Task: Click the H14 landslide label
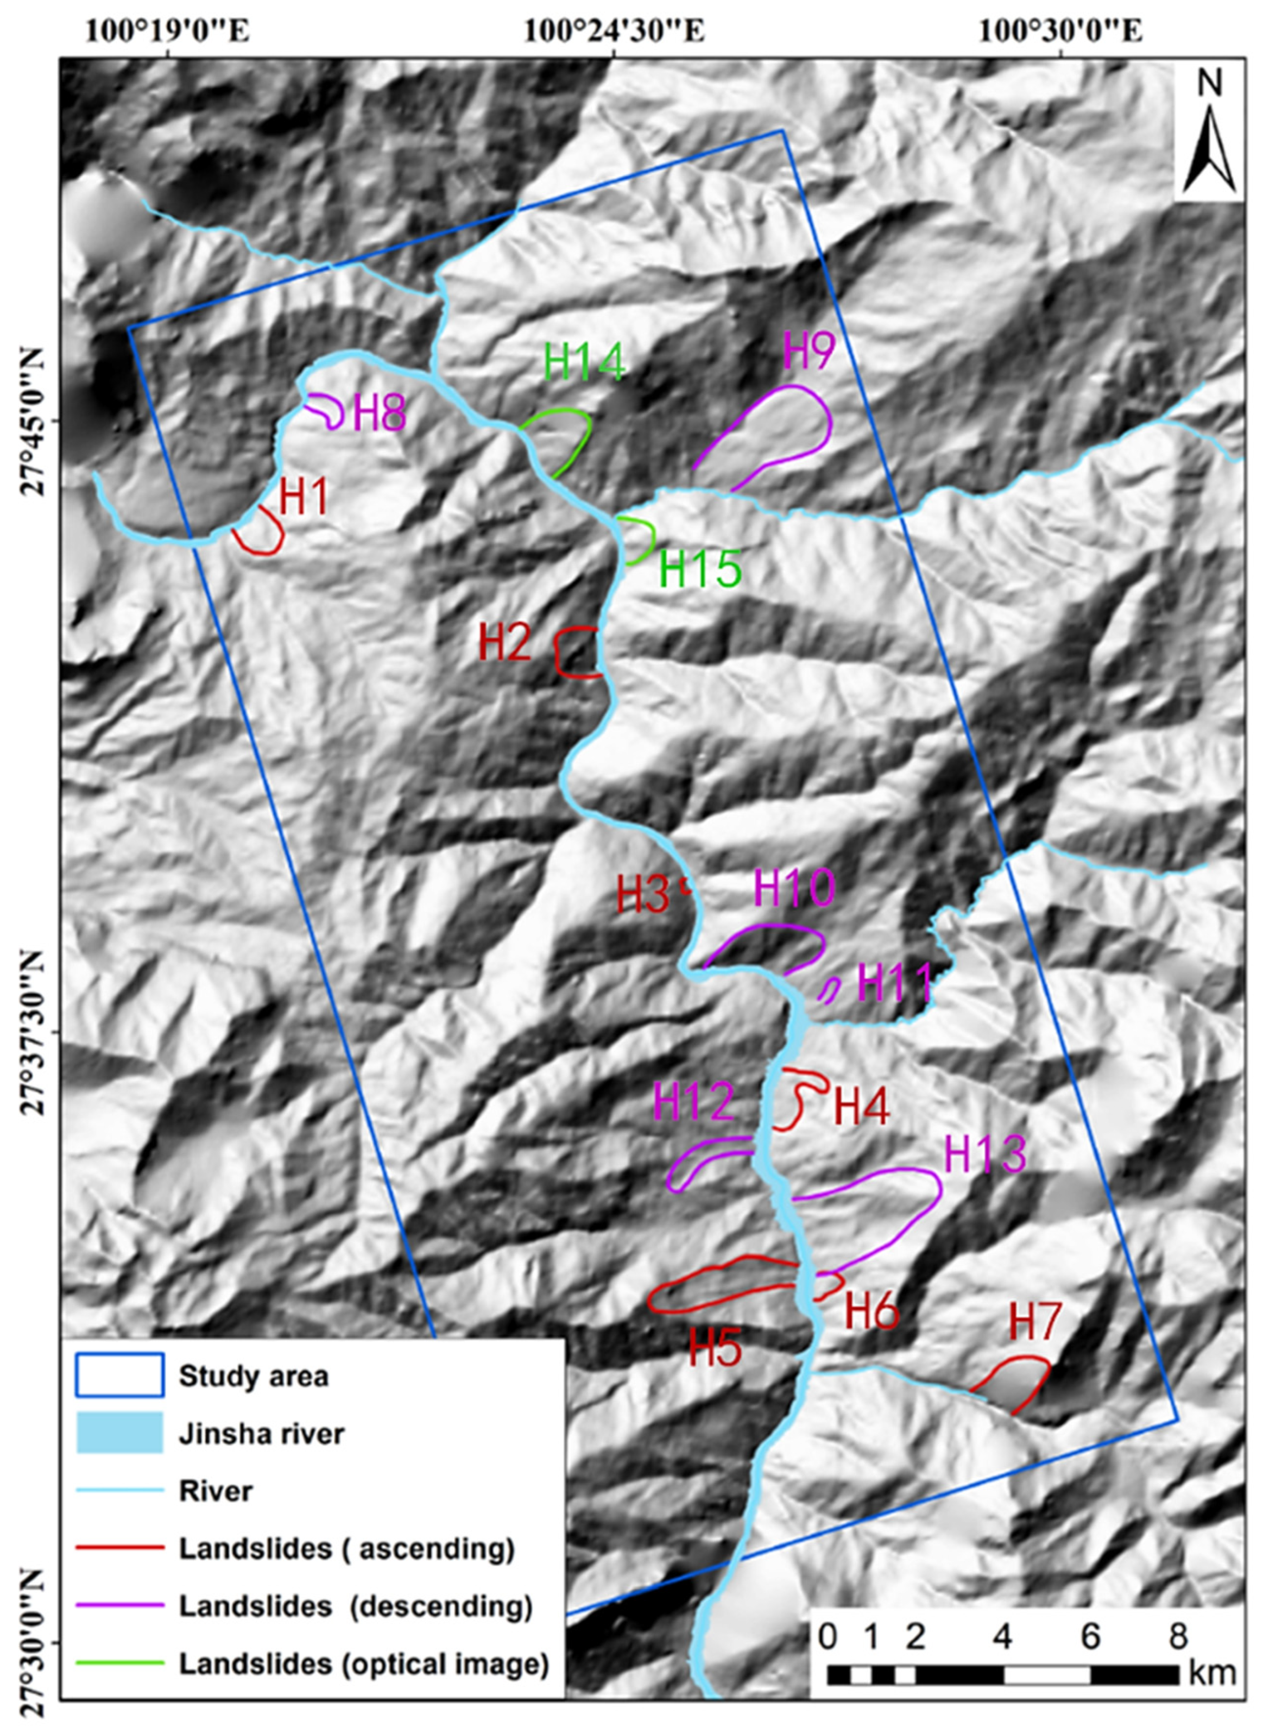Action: tap(585, 363)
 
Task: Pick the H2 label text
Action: tap(504, 643)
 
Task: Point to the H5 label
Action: tap(715, 1349)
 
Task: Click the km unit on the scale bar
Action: tap(1212, 1669)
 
